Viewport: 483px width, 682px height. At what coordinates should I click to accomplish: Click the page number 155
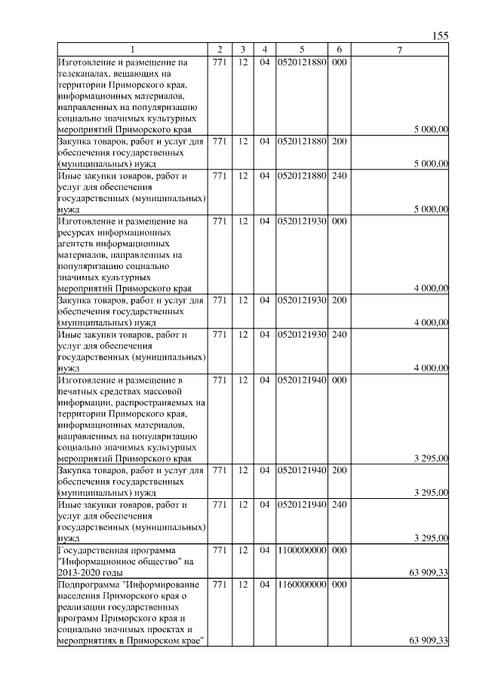[x=441, y=36]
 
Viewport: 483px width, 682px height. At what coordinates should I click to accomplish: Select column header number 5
[x=301, y=50]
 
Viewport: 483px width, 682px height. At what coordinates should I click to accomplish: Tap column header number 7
[x=400, y=50]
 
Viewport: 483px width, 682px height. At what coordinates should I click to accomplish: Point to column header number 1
[x=132, y=50]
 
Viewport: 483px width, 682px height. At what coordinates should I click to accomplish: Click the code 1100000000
[x=301, y=551]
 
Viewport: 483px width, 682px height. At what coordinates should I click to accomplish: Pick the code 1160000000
[x=301, y=585]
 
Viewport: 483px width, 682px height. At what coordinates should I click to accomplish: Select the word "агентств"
[x=76, y=244]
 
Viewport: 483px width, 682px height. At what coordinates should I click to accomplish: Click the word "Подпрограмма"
[x=90, y=585]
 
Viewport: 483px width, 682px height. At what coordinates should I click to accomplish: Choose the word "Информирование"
[x=162, y=585]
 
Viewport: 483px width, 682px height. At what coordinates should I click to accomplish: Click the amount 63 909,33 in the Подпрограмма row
[x=429, y=641]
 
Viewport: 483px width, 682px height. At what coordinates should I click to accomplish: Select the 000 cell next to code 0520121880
[x=339, y=62]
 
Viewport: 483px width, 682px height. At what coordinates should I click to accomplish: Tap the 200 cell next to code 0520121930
[x=339, y=300]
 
